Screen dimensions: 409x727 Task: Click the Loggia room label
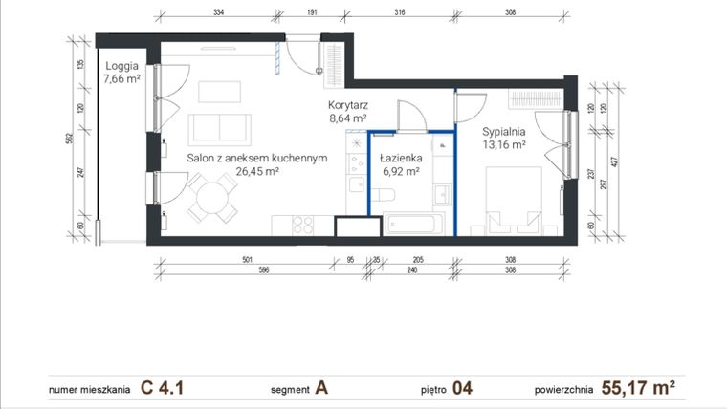tap(122, 66)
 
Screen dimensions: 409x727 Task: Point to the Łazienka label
tap(400, 158)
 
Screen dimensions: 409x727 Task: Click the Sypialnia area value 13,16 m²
tap(504, 146)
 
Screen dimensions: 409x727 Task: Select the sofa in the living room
tap(219, 128)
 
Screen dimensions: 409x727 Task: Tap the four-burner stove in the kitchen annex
tap(302, 226)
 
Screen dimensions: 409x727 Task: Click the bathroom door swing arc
tap(411, 115)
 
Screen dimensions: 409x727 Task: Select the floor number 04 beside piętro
tap(462, 388)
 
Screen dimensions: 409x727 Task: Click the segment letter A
tap(322, 388)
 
